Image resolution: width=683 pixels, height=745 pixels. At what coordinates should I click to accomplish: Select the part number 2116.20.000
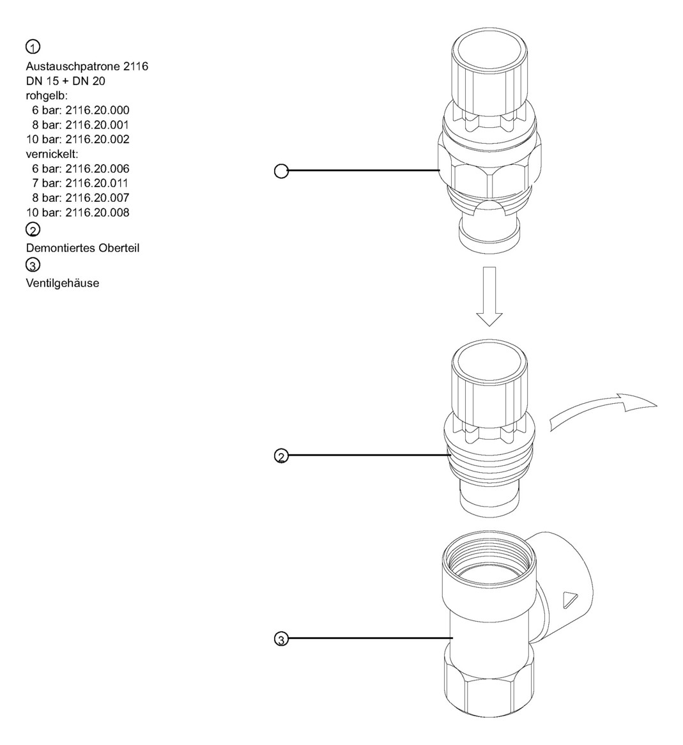pyautogui.click(x=97, y=110)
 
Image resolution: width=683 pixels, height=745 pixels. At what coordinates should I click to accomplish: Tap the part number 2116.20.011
pyautogui.click(x=97, y=183)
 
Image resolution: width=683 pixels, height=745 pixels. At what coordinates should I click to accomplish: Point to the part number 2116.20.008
pyautogui.click(x=97, y=213)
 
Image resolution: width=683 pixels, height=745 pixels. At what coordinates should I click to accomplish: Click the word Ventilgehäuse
pyautogui.click(x=63, y=283)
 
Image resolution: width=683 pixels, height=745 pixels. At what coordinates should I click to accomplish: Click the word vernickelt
pyautogui.click(x=52, y=154)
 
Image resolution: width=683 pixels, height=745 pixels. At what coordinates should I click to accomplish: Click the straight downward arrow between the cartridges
pyautogui.click(x=490, y=294)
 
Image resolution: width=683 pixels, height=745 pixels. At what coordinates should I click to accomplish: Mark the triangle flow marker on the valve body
pyautogui.click(x=569, y=599)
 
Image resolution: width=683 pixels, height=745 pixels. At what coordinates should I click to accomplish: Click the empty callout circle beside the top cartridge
pyautogui.click(x=280, y=171)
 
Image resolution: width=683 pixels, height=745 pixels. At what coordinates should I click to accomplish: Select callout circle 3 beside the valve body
pyautogui.click(x=280, y=638)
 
